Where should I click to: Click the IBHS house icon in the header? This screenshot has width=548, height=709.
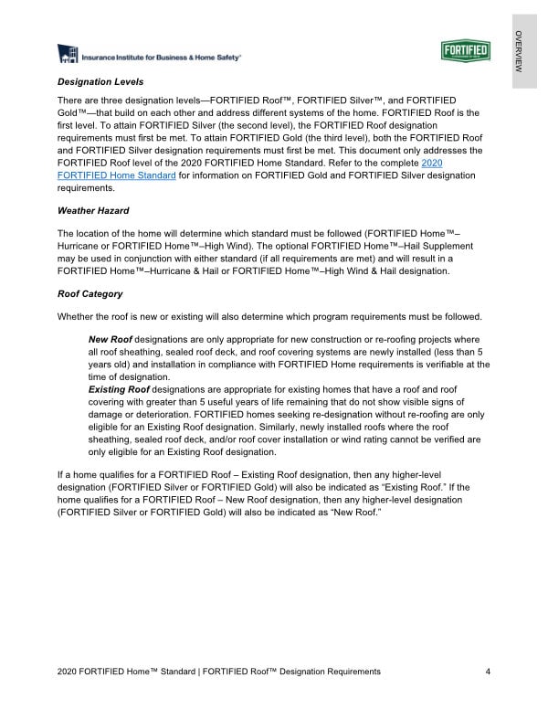[x=68, y=55]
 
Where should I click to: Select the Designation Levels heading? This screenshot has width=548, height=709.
[x=100, y=82]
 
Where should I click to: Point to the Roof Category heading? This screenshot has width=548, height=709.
[x=90, y=295]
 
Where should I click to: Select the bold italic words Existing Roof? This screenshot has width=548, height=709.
[x=120, y=390]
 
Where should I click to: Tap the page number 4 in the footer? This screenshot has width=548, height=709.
[x=489, y=672]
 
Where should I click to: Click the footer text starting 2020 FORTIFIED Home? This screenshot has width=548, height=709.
[x=218, y=672]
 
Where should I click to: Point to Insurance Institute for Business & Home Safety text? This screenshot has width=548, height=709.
[x=162, y=57]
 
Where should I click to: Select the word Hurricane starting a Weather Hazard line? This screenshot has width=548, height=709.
[x=79, y=246]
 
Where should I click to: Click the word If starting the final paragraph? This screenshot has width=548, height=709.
[x=60, y=476]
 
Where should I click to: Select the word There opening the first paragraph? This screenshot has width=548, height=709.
[x=71, y=99]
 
